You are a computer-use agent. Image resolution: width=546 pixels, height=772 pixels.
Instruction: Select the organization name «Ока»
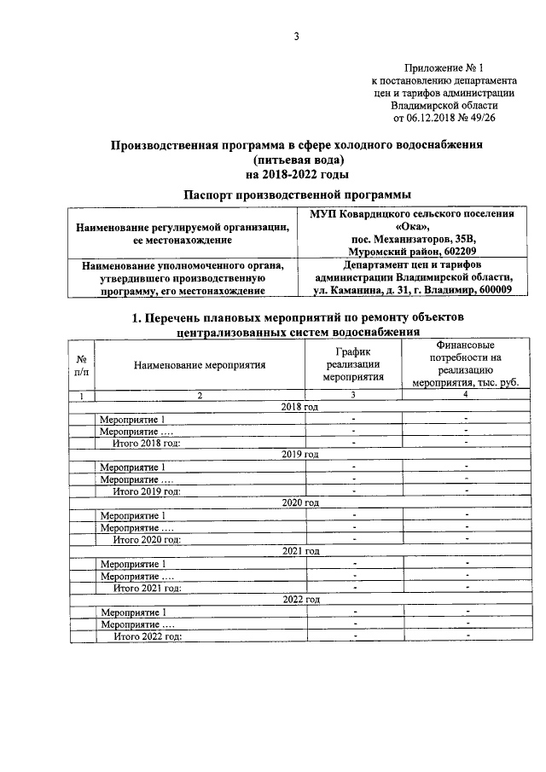click(x=412, y=227)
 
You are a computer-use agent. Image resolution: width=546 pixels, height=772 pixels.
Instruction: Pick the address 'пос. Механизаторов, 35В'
click(x=412, y=240)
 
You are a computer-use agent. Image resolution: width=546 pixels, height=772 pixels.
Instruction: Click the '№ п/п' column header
click(x=81, y=365)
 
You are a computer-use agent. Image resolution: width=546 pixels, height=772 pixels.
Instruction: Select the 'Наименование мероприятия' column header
click(x=200, y=365)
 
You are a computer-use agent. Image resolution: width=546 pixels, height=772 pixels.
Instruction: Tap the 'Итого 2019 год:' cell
click(x=148, y=491)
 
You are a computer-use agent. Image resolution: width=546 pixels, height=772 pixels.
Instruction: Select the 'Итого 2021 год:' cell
click(x=148, y=588)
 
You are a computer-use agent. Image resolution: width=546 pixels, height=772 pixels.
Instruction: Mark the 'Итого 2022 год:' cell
click(x=148, y=636)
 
